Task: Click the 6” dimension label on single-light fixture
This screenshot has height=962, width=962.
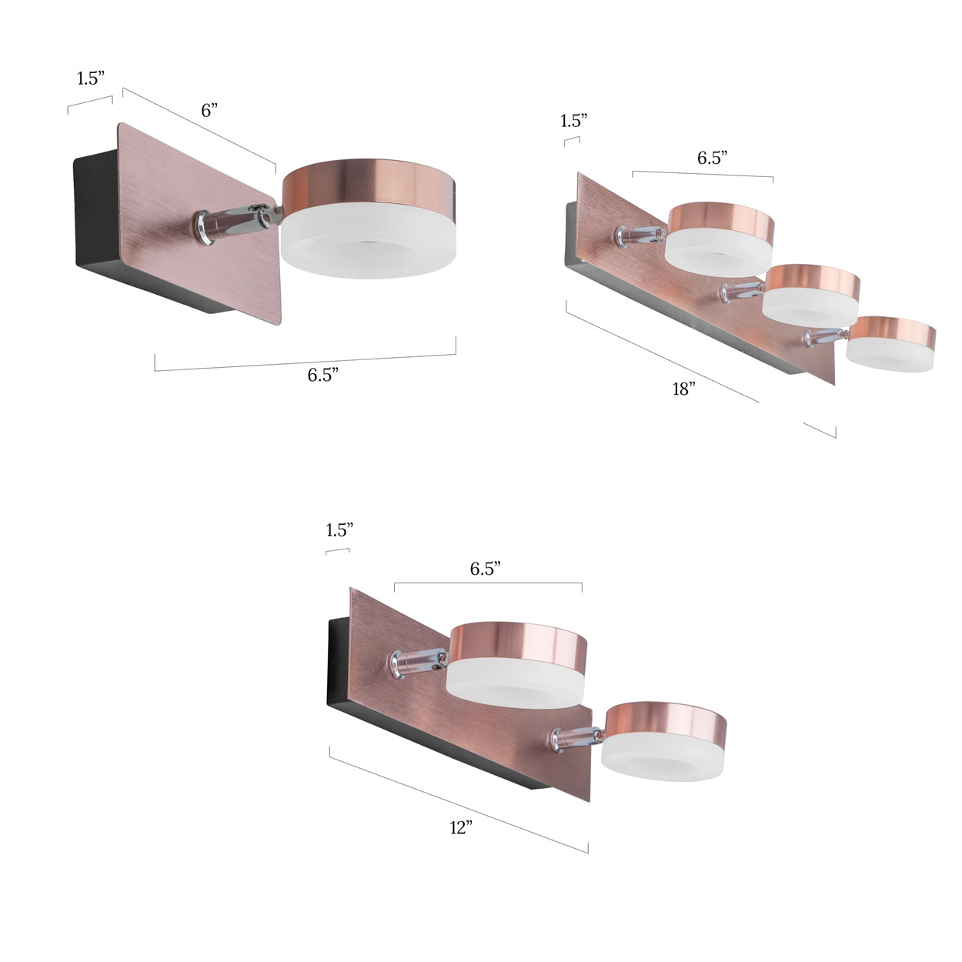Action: click(x=209, y=110)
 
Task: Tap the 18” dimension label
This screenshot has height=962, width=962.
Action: click(x=683, y=389)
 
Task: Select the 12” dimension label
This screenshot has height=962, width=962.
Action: click(x=460, y=828)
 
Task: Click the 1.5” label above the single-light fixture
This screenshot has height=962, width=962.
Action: click(x=90, y=78)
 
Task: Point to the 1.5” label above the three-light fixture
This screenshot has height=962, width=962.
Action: click(x=574, y=120)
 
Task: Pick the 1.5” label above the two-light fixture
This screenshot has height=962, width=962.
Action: click(x=339, y=529)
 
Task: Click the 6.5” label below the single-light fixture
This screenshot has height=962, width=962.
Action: click(x=323, y=375)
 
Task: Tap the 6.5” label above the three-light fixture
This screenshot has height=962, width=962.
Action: click(x=712, y=158)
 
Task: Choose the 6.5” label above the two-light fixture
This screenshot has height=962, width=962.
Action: click(x=486, y=568)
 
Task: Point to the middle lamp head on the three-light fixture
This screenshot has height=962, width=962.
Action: click(x=811, y=293)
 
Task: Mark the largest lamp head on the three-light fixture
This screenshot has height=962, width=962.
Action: click(x=720, y=235)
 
